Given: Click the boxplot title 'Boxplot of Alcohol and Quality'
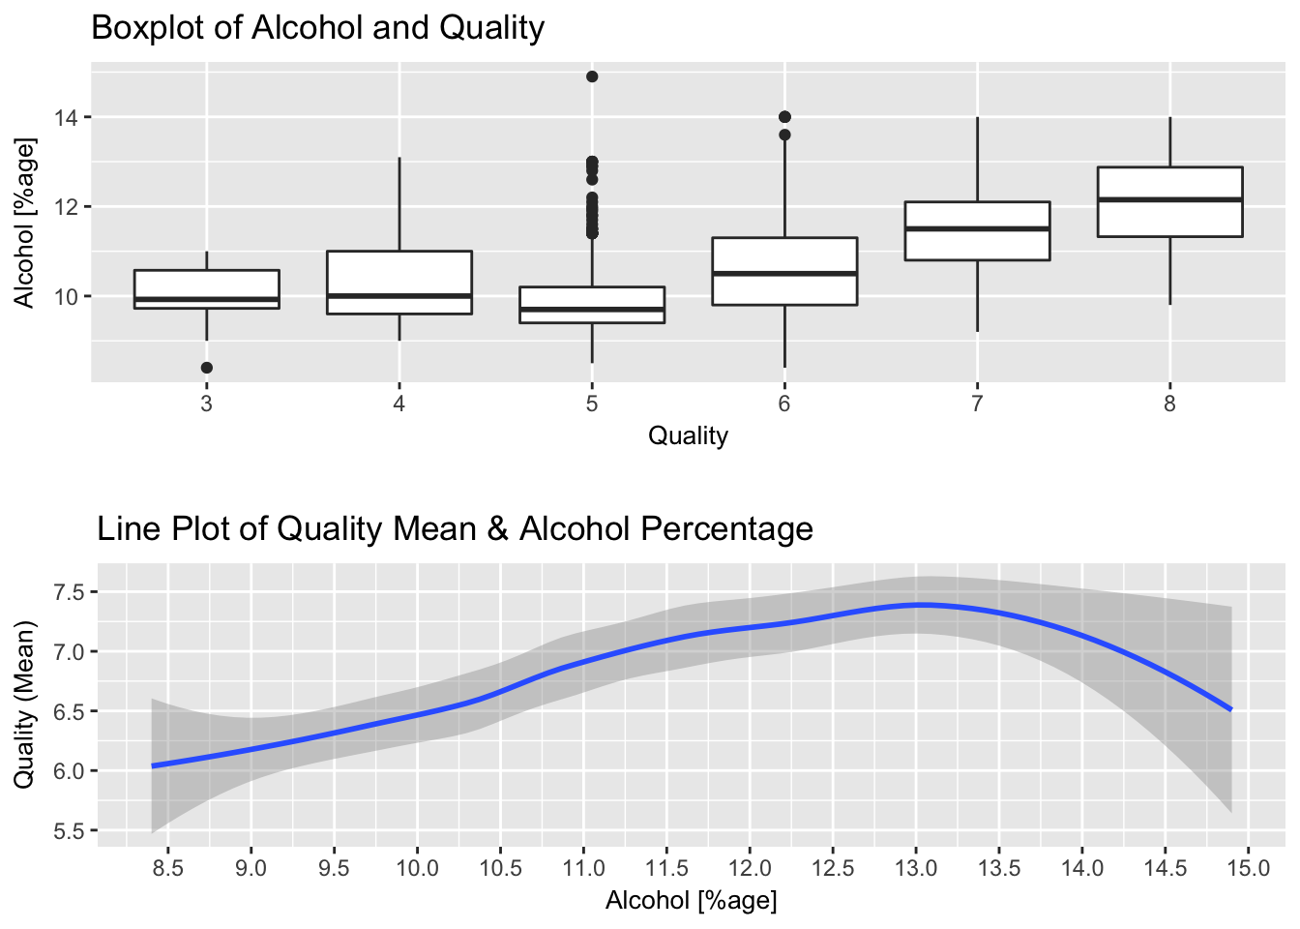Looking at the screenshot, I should pyautogui.click(x=317, y=27).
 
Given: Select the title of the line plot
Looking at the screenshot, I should pyautogui.click(x=455, y=528).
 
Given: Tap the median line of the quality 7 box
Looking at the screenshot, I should pyautogui.click(x=977, y=228).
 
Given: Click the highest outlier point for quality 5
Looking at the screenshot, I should pyautogui.click(x=592, y=76).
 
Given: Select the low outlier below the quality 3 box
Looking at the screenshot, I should pyautogui.click(x=207, y=368).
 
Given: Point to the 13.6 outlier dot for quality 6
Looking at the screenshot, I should pyautogui.click(x=784, y=135).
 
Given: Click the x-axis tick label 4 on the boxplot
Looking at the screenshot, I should pyautogui.click(x=399, y=404).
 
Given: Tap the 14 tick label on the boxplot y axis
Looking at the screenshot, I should pyautogui.click(x=67, y=117).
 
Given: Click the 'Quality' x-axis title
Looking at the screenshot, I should pyautogui.click(x=688, y=435).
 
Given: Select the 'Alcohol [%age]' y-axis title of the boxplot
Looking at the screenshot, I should pyautogui.click(x=24, y=223).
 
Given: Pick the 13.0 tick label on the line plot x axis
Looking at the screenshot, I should pyautogui.click(x=916, y=868).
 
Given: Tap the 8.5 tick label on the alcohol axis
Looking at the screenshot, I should pyautogui.click(x=168, y=868).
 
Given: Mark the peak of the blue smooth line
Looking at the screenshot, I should pyautogui.click(x=919, y=605).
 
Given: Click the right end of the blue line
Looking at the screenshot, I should pyautogui.click(x=1229, y=709).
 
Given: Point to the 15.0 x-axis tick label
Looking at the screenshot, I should pyautogui.click(x=1248, y=868).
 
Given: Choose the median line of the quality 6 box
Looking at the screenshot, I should pyautogui.click(x=784, y=273).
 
